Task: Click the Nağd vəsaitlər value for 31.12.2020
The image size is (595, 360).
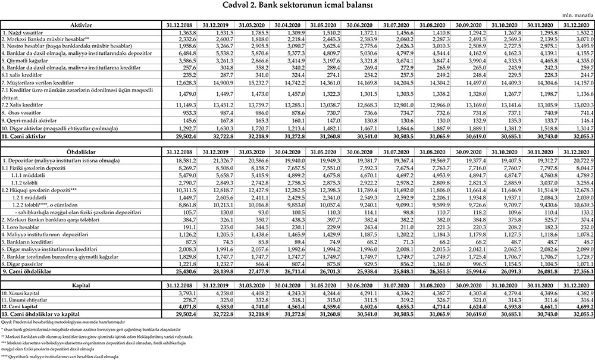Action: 580,32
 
